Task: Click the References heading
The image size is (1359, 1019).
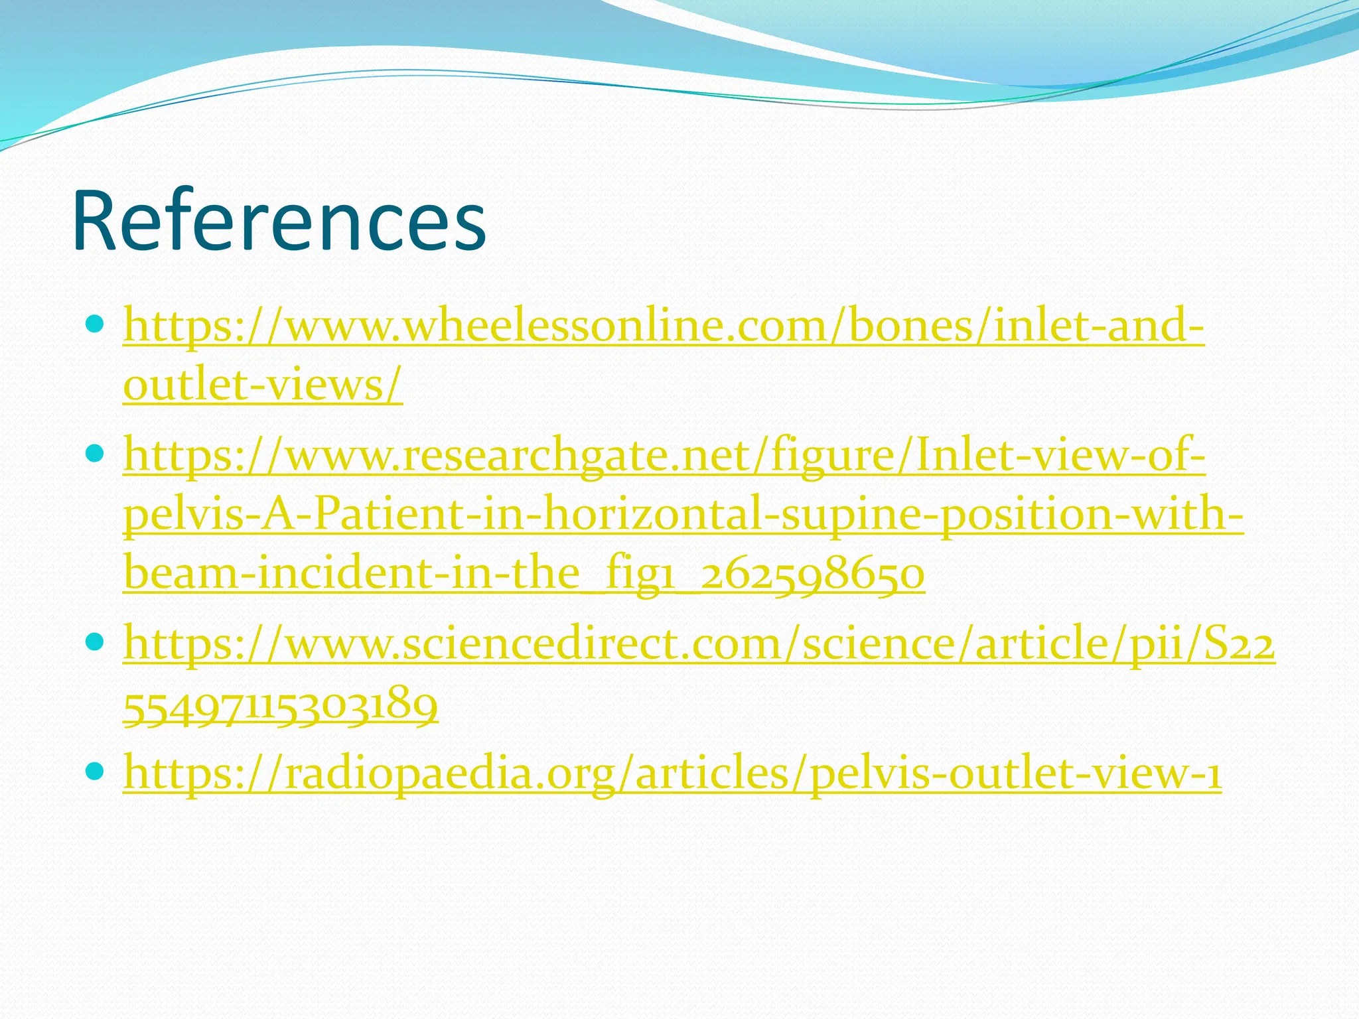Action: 279,221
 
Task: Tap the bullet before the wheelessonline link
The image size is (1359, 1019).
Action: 96,325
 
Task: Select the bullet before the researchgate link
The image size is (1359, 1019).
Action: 96,454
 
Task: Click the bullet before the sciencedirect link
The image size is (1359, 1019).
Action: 96,642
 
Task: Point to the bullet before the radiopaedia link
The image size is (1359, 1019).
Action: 96,771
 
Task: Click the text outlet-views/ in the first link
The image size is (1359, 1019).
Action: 263,384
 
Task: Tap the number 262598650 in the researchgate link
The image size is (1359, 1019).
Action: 812,574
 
